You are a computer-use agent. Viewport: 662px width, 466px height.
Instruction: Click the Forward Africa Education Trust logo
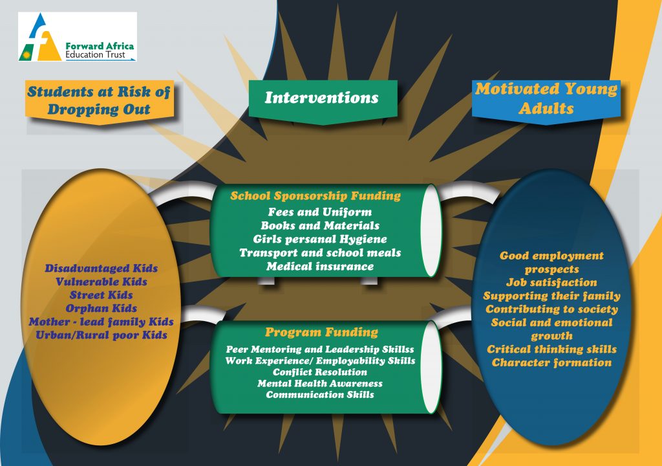[78, 37]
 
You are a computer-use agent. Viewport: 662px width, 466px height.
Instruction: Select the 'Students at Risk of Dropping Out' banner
[99, 102]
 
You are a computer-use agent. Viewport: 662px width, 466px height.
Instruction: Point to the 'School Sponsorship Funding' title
[315, 196]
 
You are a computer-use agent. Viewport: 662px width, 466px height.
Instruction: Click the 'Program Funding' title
[322, 333]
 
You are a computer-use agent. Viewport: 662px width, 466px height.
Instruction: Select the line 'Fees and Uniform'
[320, 212]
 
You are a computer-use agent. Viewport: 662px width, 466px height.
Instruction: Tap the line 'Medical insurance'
[320, 267]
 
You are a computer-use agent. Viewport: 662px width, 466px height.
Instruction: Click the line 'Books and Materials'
[320, 225]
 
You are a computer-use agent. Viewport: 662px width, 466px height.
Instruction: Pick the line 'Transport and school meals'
[320, 253]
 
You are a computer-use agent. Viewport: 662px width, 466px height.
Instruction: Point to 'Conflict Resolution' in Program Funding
[320, 372]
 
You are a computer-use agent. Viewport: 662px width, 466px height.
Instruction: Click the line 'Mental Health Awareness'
[320, 384]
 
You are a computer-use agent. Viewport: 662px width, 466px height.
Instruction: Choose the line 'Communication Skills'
[320, 395]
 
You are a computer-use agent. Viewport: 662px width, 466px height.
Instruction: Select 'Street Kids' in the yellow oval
[101, 294]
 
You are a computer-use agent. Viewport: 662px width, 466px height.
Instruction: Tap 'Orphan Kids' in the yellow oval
[101, 308]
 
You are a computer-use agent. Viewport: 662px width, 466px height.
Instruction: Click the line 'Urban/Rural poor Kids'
[101, 335]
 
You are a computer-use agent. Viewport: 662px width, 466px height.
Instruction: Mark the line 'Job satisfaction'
[552, 282]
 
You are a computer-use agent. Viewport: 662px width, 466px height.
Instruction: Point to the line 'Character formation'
[552, 363]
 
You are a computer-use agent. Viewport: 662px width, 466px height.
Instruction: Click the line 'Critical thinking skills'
[552, 349]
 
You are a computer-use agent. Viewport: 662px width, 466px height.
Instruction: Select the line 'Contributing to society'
[552, 309]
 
